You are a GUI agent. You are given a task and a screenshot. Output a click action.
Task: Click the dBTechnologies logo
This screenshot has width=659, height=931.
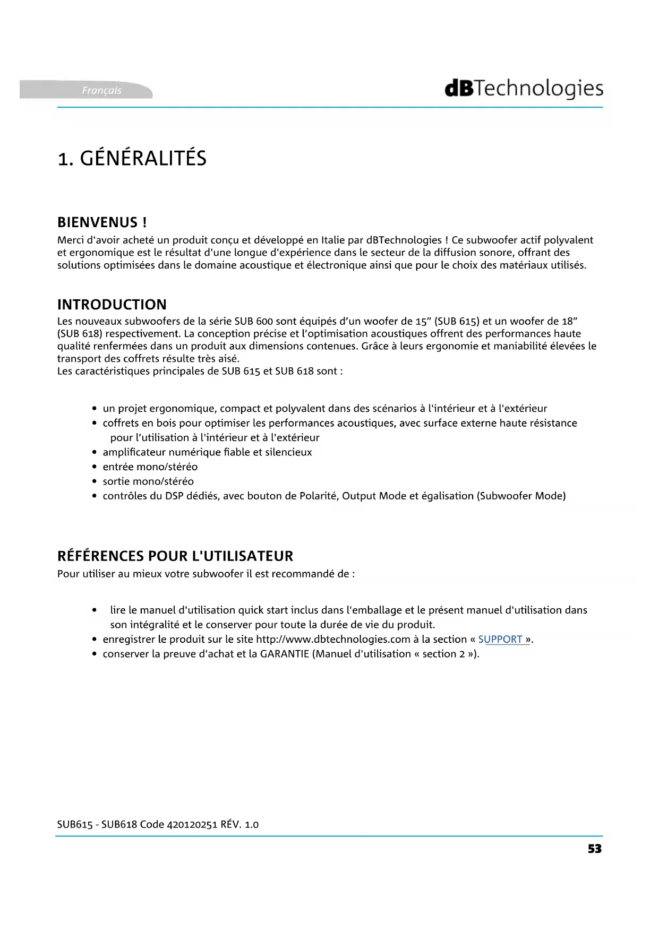[524, 89]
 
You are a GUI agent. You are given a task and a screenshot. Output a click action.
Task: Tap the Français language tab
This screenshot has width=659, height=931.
[101, 90]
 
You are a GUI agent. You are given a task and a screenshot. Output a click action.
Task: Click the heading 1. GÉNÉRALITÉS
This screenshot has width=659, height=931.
[132, 158]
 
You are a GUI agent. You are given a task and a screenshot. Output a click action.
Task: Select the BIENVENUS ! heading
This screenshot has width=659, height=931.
[102, 222]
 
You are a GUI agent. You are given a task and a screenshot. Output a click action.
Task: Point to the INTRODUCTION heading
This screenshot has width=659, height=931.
[112, 305]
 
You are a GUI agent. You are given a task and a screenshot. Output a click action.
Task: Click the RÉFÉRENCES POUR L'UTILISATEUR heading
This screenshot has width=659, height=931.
[175, 556]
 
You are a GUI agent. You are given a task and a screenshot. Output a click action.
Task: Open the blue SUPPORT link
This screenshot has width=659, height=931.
[500, 640]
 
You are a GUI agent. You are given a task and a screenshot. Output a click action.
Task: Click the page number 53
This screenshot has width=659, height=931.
[595, 849]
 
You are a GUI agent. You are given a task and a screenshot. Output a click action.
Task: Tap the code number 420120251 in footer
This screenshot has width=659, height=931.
[192, 825]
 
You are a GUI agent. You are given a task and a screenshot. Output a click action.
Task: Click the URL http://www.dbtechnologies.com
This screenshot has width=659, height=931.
[333, 640]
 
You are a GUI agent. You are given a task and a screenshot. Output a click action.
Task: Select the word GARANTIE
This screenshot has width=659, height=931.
[284, 654]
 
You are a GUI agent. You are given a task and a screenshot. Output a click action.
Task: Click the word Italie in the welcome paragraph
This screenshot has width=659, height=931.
[333, 240]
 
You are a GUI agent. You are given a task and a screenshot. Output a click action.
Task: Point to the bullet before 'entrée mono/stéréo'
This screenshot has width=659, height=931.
[95, 467]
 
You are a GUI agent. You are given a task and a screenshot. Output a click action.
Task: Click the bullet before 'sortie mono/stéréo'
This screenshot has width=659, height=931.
[95, 481]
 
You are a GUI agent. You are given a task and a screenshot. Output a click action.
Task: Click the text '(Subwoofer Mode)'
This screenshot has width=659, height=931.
[521, 496]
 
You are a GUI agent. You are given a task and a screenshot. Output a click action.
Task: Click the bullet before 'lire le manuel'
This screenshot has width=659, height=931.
[95, 610]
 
